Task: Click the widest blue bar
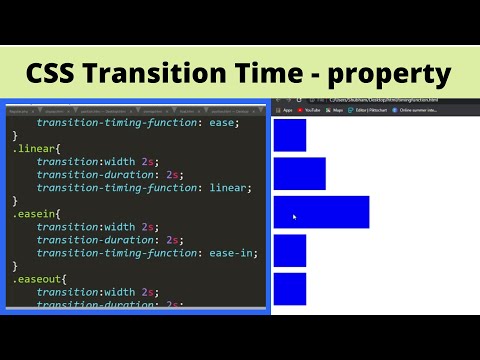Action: pyautogui.click(x=321, y=212)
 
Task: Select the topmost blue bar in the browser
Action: pyautogui.click(x=289, y=135)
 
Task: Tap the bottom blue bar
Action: pyautogui.click(x=289, y=289)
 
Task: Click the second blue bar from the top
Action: pyautogui.click(x=299, y=173)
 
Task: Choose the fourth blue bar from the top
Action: pyautogui.click(x=289, y=251)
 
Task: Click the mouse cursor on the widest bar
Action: pyautogui.click(x=293, y=216)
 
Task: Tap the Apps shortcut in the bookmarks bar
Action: pyautogui.click(x=286, y=110)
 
